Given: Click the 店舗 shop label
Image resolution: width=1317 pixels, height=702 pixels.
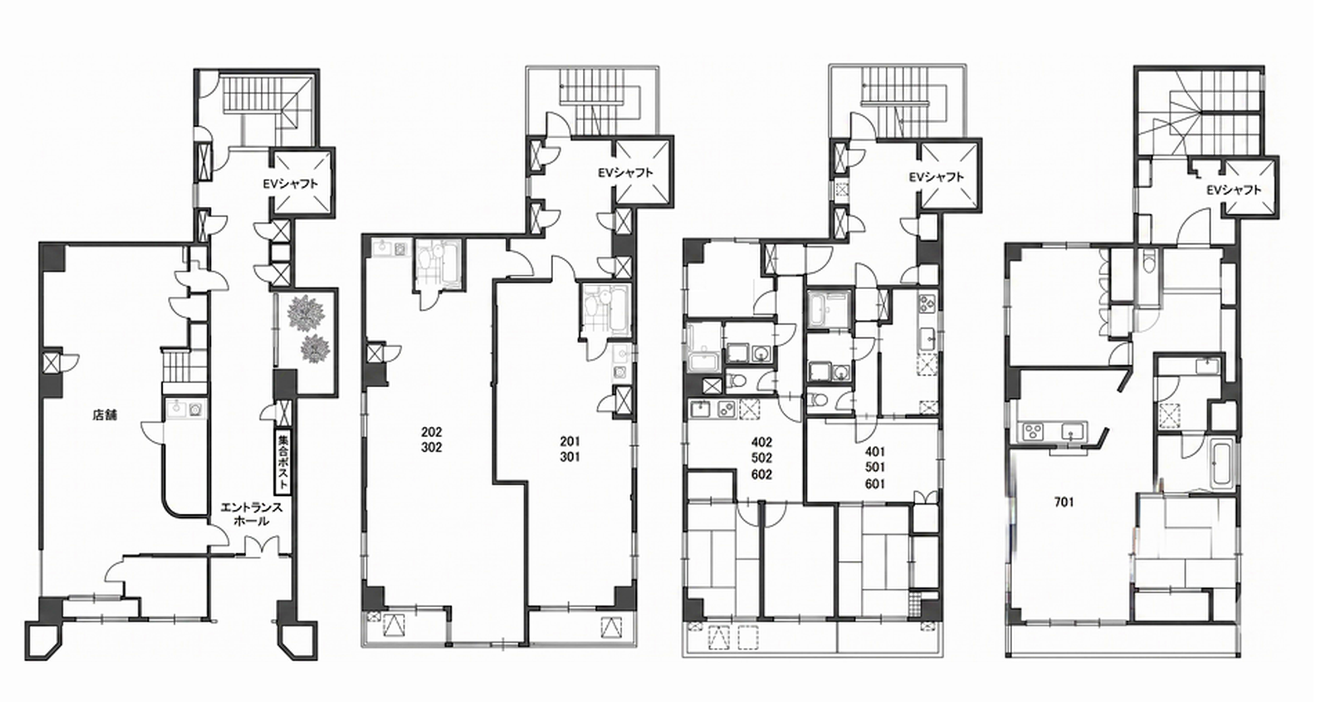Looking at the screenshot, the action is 105,416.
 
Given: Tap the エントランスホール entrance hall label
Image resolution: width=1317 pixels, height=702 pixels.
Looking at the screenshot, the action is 252,514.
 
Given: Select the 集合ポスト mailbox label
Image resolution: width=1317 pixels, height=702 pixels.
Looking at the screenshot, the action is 283,462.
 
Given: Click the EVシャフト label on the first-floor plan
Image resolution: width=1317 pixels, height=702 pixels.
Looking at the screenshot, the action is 290,184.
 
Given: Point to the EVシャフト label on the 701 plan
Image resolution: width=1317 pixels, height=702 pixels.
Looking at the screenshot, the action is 1234,190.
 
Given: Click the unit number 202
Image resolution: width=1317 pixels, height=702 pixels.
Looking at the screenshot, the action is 432,433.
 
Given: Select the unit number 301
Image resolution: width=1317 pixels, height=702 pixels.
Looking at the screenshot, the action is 570,457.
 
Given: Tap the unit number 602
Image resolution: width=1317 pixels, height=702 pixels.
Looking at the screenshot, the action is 761,475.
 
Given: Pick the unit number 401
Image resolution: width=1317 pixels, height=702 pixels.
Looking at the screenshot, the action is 875,452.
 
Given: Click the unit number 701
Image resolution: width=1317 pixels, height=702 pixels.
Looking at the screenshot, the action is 1064,502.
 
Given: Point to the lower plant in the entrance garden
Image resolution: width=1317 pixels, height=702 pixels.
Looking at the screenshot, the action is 315,348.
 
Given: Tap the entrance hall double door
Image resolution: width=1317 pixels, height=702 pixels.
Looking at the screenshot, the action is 261,545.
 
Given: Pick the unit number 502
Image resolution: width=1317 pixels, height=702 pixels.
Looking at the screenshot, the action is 761,458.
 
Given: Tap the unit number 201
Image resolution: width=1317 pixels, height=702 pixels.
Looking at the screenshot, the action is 570,441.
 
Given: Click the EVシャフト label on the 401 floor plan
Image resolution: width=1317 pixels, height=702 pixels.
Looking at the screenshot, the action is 936,177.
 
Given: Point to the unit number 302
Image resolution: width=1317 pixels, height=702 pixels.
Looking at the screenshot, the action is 432,448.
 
